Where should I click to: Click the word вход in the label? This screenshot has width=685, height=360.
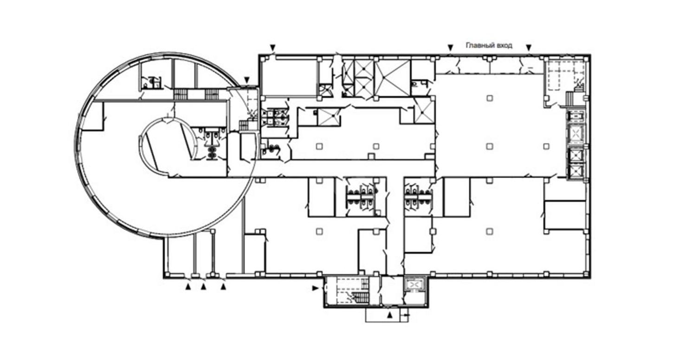pos(504,45)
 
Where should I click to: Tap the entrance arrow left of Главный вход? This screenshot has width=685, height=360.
pos(450,48)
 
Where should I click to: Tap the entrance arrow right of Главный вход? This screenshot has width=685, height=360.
pos(529,48)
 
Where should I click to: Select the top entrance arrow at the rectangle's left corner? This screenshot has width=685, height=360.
pos(273,48)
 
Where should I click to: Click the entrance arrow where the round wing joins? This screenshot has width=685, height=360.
pos(247,80)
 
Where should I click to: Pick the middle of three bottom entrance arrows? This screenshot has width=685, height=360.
pos(203,287)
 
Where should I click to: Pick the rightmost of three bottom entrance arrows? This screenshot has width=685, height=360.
pos(224,287)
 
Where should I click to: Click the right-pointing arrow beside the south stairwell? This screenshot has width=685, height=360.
pos(315,288)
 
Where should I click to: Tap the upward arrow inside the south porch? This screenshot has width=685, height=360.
pos(389,315)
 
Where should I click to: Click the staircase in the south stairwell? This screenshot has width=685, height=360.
pos(360,297)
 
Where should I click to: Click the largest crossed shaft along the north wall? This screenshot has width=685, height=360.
pos(392,77)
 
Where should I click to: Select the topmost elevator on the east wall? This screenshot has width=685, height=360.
pos(576,116)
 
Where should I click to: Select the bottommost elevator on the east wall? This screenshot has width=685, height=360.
pos(576,172)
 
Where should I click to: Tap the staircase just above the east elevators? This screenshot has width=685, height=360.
pos(570,99)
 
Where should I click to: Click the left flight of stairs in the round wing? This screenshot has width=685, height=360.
pos(181,94)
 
